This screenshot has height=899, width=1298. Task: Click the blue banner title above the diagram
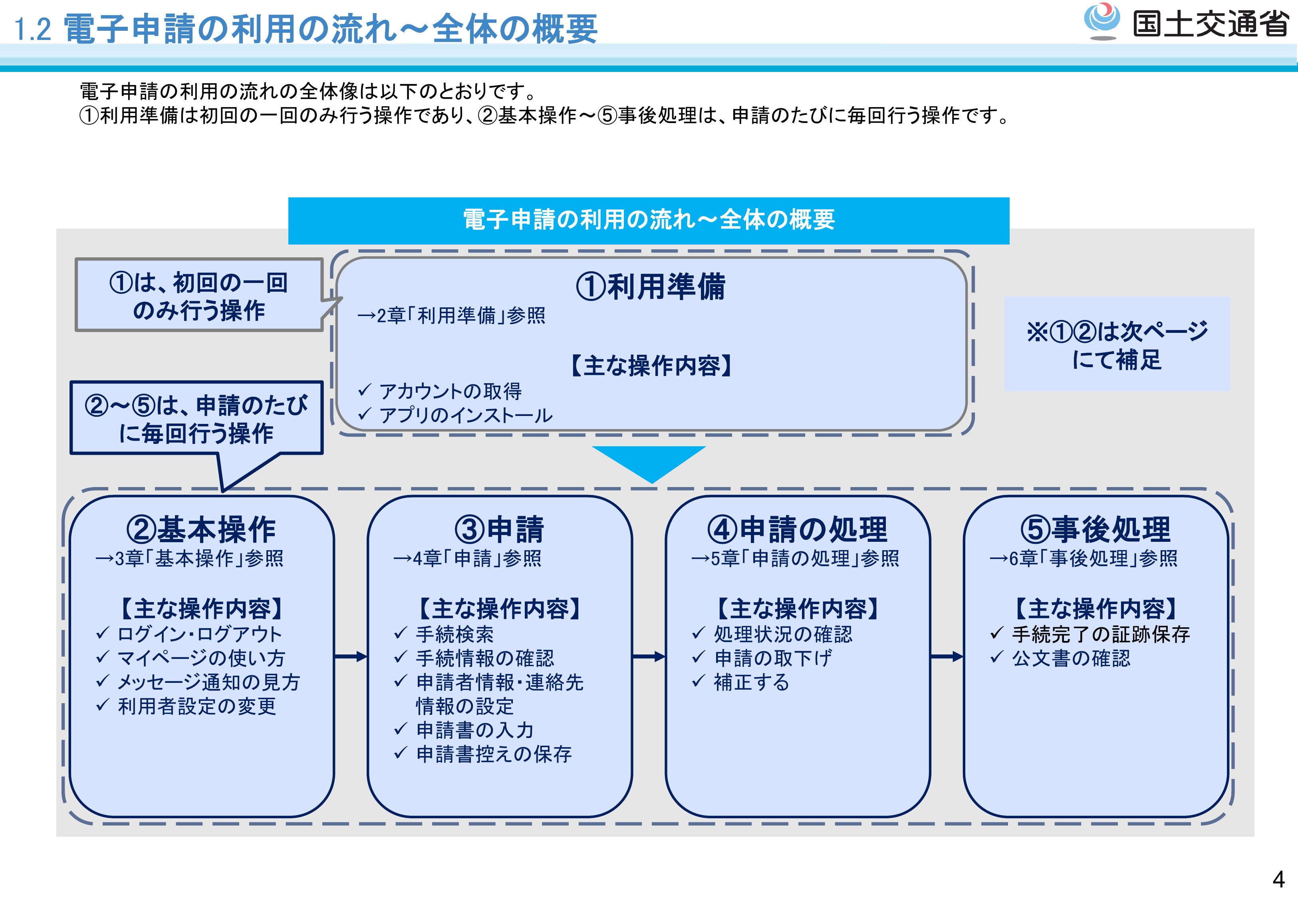[649, 220]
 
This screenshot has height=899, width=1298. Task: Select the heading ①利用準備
[651, 287]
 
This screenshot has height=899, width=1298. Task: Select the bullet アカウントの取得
[450, 391]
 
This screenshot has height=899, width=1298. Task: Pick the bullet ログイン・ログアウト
[199, 634]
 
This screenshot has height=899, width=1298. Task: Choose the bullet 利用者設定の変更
[196, 706]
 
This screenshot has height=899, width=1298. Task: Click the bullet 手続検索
[454, 634]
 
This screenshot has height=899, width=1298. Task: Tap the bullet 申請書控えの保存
[494, 754]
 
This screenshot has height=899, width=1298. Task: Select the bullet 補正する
[751, 682]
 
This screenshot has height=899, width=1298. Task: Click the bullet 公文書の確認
[1071, 658]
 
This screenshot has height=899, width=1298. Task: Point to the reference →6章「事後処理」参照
[1084, 558]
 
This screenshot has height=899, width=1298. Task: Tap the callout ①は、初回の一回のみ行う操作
[199, 296]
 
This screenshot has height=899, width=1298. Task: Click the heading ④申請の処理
[797, 529]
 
